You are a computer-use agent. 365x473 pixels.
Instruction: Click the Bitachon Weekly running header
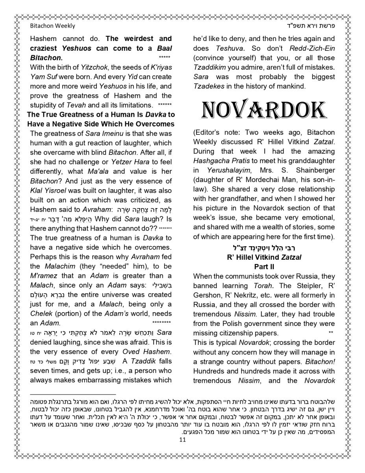click(52, 26)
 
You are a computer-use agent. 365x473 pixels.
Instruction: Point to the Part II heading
click(264, 267)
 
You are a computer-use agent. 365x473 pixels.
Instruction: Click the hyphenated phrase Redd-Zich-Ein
click(312, 48)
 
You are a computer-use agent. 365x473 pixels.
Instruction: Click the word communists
click(248, 276)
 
